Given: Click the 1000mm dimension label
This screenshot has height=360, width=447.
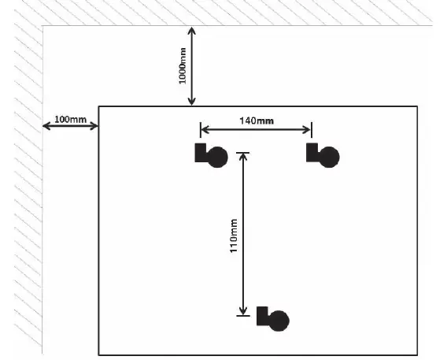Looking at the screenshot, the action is (x=183, y=66).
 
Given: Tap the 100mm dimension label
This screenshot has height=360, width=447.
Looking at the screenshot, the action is (x=70, y=119).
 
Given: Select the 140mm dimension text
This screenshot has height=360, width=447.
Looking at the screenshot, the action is (x=257, y=121).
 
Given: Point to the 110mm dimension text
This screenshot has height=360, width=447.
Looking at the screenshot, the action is (x=234, y=236).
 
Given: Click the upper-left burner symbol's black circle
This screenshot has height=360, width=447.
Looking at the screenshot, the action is (x=217, y=157).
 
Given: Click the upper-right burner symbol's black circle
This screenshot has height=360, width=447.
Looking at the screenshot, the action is (x=329, y=157).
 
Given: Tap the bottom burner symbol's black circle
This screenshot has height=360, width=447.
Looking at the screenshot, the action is (x=279, y=321).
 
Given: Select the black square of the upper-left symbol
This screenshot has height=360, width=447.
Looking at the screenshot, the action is (x=201, y=153).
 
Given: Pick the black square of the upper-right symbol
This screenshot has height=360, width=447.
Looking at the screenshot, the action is (x=312, y=153).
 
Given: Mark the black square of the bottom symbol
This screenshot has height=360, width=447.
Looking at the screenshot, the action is (x=262, y=316).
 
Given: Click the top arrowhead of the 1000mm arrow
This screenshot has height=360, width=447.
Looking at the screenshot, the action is (x=191, y=30).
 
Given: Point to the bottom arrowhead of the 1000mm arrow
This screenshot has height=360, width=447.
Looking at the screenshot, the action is (x=191, y=102).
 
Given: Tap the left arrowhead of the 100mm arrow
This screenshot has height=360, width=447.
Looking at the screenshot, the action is (x=46, y=126).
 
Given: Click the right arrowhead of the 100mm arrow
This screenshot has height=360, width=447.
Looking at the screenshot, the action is (x=94, y=126).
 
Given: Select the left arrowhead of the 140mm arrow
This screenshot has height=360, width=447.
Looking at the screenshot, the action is (x=205, y=130).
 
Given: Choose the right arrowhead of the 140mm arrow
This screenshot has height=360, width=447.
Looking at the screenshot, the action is (x=306, y=130).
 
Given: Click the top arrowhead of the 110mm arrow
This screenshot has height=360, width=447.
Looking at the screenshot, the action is (x=243, y=157).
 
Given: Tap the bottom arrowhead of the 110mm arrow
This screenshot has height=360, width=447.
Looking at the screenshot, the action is (x=243, y=311).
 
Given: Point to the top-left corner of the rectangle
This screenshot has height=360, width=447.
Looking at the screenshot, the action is (x=98, y=106).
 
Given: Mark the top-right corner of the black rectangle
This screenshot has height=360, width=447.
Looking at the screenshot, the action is (x=417, y=106).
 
